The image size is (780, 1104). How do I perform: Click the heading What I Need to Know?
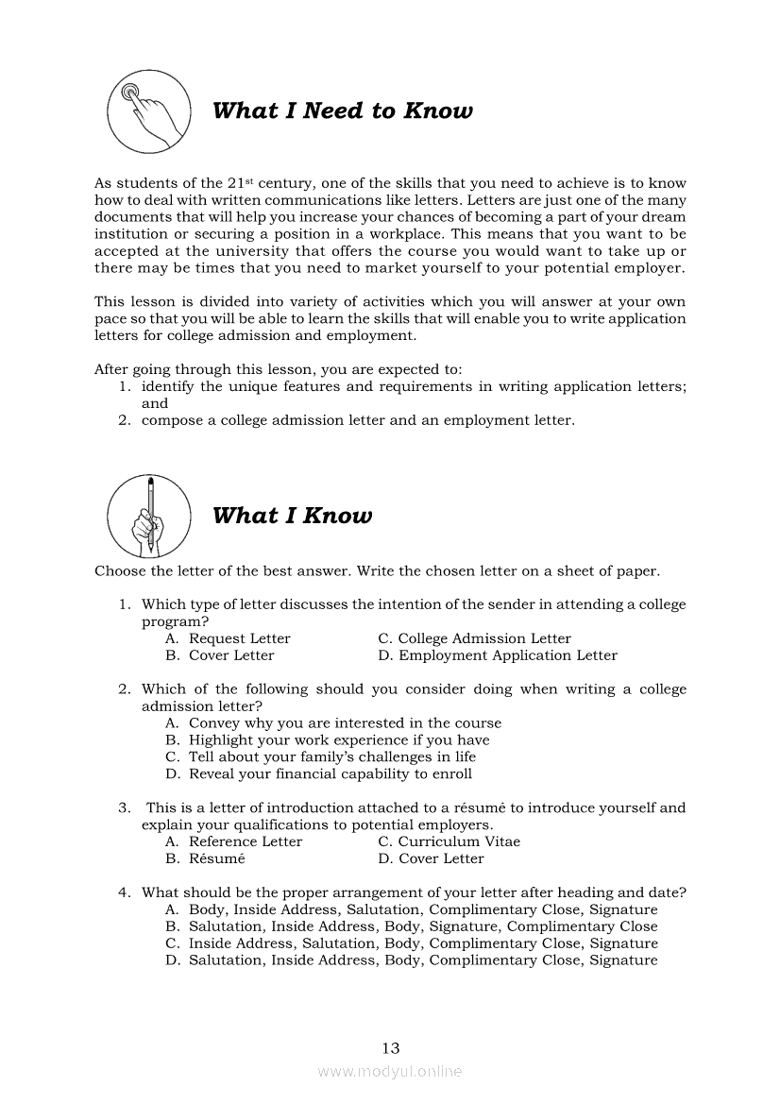[342, 111]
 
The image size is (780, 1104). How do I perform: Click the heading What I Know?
[292, 516]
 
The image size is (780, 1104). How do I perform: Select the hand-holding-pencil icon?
[147, 516]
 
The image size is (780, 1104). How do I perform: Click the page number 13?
[391, 1047]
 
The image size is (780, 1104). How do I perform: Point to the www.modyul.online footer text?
[390, 1072]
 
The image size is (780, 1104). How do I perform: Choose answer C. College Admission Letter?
[474, 638]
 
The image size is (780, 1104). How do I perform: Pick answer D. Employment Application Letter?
[498, 655]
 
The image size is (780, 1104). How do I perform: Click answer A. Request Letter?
[229, 638]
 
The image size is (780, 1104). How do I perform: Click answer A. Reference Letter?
[234, 841]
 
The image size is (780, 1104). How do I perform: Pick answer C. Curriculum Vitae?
[449, 841]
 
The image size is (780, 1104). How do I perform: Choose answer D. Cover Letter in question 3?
[431, 858]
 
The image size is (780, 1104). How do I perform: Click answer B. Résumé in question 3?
[206, 858]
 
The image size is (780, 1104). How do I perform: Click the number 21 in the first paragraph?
[238, 183]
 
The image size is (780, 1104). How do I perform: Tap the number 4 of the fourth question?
[123, 892]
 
